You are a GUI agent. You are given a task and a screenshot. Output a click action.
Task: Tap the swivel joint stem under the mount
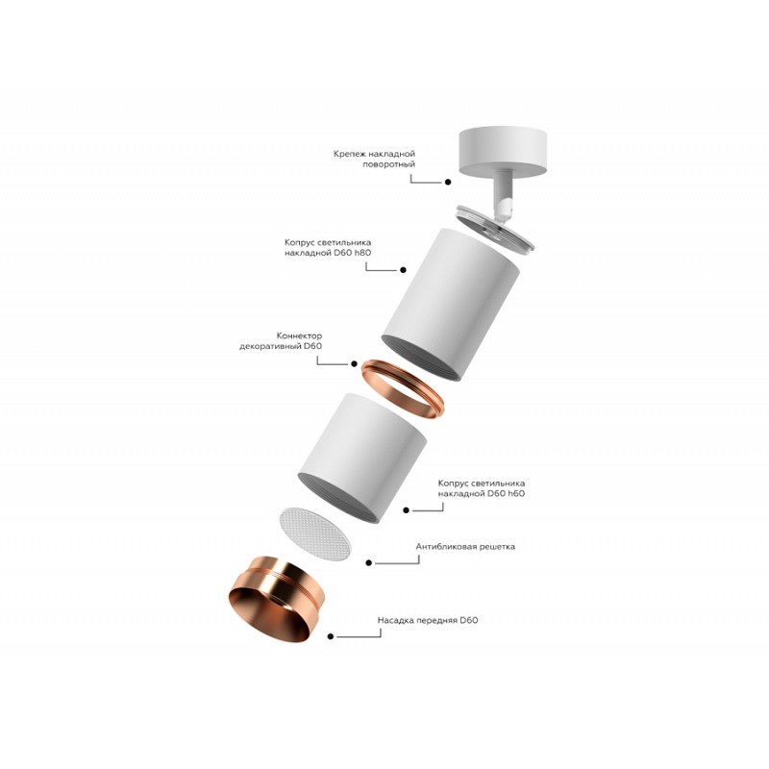click(504, 196)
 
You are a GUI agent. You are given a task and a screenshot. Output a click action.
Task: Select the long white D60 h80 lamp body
click(450, 304)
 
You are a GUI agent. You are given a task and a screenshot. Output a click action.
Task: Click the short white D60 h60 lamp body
click(362, 458)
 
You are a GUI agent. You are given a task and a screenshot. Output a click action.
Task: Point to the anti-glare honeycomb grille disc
click(315, 534)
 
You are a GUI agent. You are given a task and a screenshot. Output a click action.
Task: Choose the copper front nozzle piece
click(276, 600)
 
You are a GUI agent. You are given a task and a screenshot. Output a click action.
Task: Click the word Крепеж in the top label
click(350, 154)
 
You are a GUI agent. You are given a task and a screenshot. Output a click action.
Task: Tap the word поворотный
click(389, 164)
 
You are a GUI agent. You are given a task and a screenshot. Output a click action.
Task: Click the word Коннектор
click(299, 335)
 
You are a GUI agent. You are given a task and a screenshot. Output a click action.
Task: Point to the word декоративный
click(270, 346)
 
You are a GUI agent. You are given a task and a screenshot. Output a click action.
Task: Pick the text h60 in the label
click(515, 493)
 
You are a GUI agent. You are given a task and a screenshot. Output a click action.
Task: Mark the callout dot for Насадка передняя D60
click(331, 636)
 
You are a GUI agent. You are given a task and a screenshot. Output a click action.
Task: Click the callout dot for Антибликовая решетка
click(369, 562)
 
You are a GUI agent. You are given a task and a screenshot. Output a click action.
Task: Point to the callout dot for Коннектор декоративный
click(354, 363)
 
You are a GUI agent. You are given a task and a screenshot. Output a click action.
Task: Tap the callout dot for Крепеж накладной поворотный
click(448, 182)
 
